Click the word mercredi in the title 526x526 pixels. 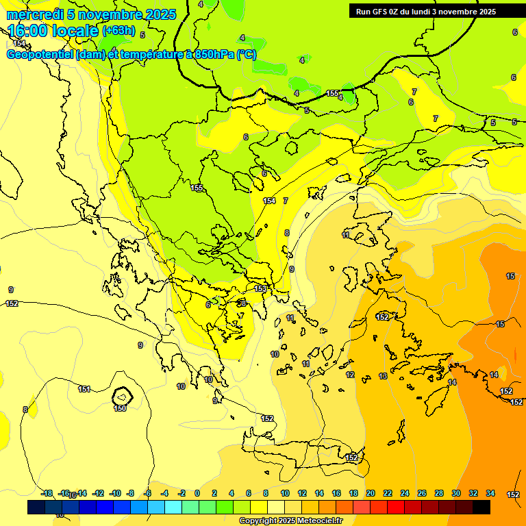[34, 14]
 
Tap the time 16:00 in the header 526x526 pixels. [32, 31]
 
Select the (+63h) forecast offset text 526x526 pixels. [119, 31]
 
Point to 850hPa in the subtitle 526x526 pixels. [214, 55]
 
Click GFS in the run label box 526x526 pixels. [383, 12]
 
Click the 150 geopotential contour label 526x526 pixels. [120, 408]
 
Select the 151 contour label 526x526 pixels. [84, 389]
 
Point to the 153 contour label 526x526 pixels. [260, 289]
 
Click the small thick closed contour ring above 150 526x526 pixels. [122, 395]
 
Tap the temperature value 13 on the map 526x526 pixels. [383, 376]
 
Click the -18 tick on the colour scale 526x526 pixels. [47, 493]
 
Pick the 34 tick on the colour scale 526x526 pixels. [490, 493]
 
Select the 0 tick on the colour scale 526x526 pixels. [197, 493]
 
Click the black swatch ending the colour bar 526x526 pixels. [481, 508]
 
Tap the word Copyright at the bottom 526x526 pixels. [258, 521]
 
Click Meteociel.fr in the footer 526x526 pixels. [318, 521]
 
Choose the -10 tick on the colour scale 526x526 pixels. [115, 493]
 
